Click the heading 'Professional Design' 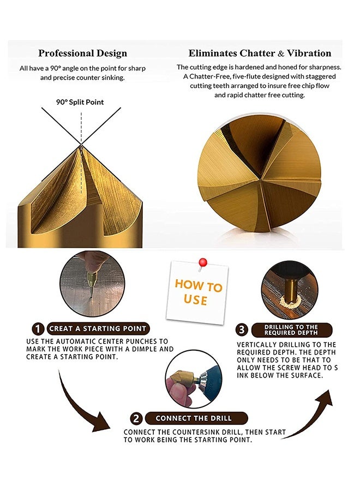click(x=83, y=53)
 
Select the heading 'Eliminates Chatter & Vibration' click(x=260, y=53)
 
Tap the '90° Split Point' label click(x=80, y=102)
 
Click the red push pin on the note click(x=202, y=263)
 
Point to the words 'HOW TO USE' click(x=198, y=292)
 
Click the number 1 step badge click(x=38, y=329)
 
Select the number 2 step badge click(x=136, y=418)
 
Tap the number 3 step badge click(x=242, y=330)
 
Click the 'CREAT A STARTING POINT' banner click(x=98, y=328)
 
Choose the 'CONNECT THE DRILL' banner click(x=196, y=418)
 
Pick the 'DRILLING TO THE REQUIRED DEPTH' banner click(x=291, y=330)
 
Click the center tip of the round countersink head click(x=260, y=179)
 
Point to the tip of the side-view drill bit click(x=81, y=145)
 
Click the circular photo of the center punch click(x=92, y=283)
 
